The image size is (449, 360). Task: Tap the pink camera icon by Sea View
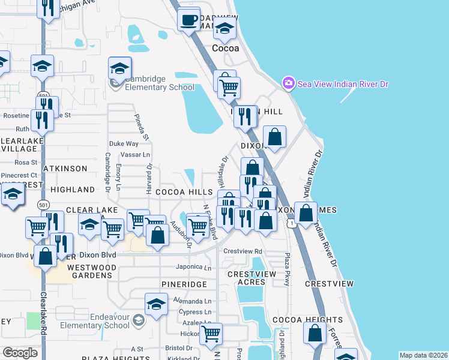(x=288, y=83)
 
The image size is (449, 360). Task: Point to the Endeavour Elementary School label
(x=110, y=321)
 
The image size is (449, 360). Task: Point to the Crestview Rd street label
(x=243, y=251)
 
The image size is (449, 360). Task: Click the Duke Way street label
(x=124, y=144)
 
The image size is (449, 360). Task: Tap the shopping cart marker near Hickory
(x=211, y=334)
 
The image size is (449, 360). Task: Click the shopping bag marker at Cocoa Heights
(x=315, y=332)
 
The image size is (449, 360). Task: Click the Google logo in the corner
(x=20, y=352)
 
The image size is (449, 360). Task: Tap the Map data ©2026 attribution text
(x=423, y=355)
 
